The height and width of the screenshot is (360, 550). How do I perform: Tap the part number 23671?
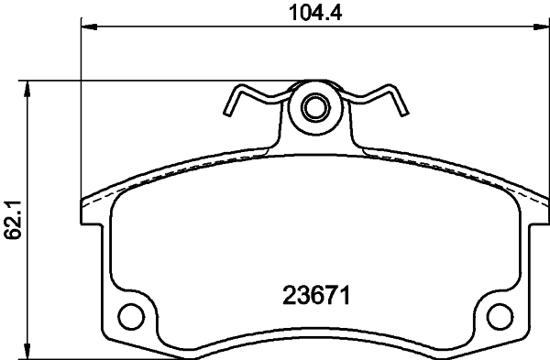(x=315, y=297)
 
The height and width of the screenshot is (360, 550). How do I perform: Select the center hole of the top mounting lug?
(x=314, y=107)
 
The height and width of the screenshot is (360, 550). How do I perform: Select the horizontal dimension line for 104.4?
(x=275, y=28)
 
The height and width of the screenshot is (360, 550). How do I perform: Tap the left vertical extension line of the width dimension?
(x=82, y=110)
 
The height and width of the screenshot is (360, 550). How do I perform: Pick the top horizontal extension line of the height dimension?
(x=137, y=81)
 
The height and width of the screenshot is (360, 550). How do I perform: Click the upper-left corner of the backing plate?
(x=83, y=202)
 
